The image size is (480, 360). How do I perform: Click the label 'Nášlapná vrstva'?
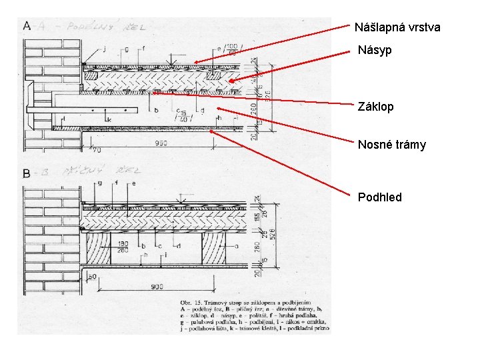click(x=397, y=27)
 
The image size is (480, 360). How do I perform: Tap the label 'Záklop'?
click(x=375, y=107)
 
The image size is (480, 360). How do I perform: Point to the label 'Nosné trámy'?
click(x=391, y=145)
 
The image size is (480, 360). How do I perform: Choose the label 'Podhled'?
click(x=379, y=197)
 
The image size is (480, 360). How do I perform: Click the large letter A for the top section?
click(x=27, y=26)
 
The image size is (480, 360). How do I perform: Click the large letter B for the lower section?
click(x=26, y=173)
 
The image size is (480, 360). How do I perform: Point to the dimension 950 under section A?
click(x=161, y=142)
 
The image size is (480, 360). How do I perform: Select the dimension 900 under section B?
click(x=157, y=286)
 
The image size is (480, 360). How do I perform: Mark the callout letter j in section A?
click(x=105, y=48)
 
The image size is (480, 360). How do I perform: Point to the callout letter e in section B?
click(x=133, y=182)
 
